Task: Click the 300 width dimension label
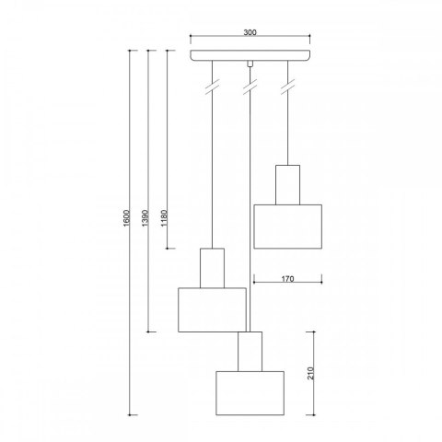click(x=250, y=32)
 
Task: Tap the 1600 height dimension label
click(x=127, y=218)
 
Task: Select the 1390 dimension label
click(x=145, y=218)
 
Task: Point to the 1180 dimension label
click(x=164, y=218)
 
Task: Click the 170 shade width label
click(x=287, y=279)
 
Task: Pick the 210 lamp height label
click(x=311, y=373)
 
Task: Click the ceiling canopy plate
click(x=250, y=55)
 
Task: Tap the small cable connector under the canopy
click(x=250, y=64)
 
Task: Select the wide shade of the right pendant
click(x=287, y=227)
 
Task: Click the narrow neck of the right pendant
click(x=287, y=185)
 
